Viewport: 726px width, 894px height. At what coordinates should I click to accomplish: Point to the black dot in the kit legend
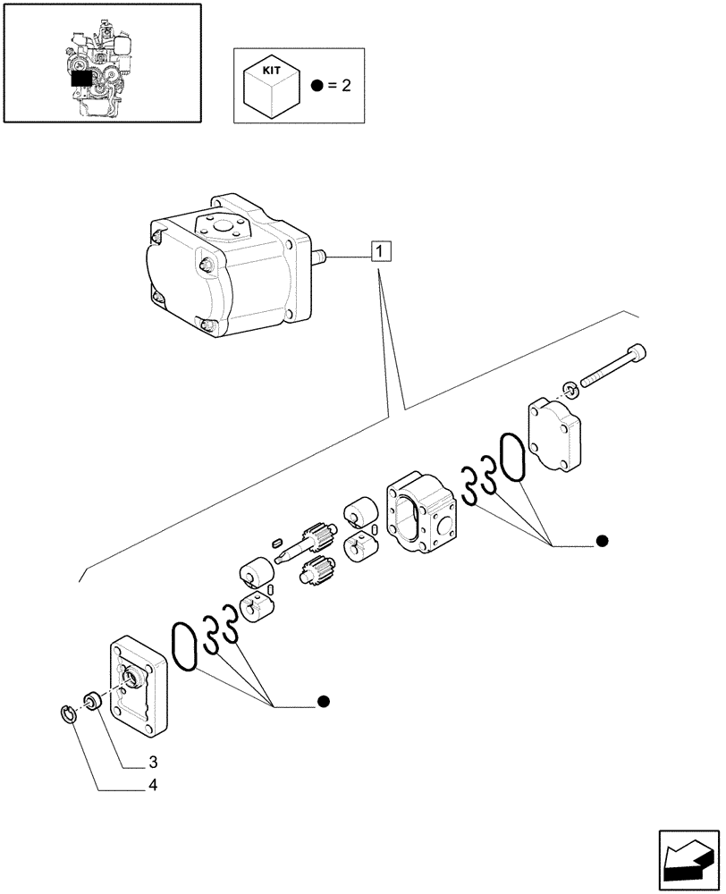(x=317, y=87)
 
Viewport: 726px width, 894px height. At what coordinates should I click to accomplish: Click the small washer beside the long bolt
(x=570, y=388)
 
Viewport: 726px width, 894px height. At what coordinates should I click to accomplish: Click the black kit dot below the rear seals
(x=602, y=541)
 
